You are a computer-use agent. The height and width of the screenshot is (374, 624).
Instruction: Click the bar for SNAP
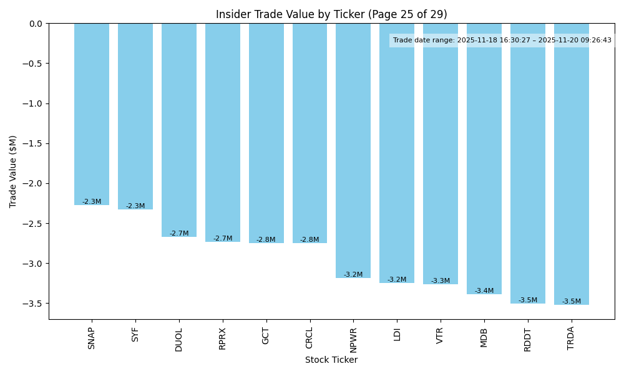[x=92, y=114]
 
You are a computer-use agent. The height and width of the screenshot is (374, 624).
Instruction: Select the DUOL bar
[x=179, y=130]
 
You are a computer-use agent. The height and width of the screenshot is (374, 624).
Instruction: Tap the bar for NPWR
[x=353, y=150]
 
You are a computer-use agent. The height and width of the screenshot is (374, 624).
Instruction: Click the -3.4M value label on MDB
[x=484, y=291]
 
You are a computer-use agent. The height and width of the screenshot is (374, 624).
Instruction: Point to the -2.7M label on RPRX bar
[x=223, y=239]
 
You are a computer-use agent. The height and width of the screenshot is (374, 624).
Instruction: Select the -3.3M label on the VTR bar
[x=441, y=281]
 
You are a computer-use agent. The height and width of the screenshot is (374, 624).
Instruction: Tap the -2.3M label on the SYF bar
[x=135, y=206]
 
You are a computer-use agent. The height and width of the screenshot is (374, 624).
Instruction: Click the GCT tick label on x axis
[x=266, y=336]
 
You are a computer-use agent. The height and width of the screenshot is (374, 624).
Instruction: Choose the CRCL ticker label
[x=310, y=338]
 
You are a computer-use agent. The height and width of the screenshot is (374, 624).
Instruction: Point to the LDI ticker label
[x=397, y=334]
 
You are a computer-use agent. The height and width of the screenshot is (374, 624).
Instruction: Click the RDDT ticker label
[x=527, y=338]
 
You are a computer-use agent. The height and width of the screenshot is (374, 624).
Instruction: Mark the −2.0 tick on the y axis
[x=34, y=183]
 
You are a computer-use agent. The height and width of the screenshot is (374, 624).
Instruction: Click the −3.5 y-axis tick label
[x=34, y=304]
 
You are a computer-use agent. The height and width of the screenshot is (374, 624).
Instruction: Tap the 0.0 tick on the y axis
[x=36, y=24]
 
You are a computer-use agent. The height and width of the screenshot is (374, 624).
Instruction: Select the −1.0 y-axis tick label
[x=34, y=103]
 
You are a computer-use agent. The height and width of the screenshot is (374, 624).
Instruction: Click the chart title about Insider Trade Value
[x=331, y=14]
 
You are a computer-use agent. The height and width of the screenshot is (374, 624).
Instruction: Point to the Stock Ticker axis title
[x=331, y=360]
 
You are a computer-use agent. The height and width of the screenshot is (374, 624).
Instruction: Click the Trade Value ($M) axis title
[x=13, y=171]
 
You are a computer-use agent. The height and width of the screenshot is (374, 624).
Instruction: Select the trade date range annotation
[x=502, y=40]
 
